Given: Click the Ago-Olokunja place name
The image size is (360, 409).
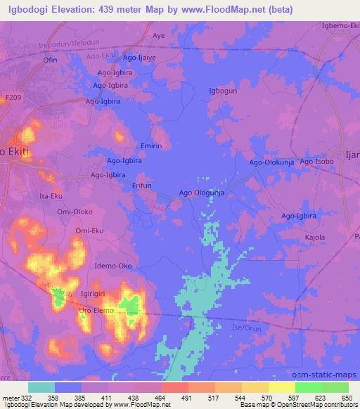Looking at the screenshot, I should coord(271,162).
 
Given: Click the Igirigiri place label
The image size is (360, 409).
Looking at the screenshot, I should coord(97,298).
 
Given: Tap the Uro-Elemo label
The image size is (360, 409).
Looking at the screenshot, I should coord(95,310).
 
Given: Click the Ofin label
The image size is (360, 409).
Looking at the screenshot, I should coord(51,61).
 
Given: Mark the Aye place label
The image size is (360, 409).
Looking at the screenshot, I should coord(159,34).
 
